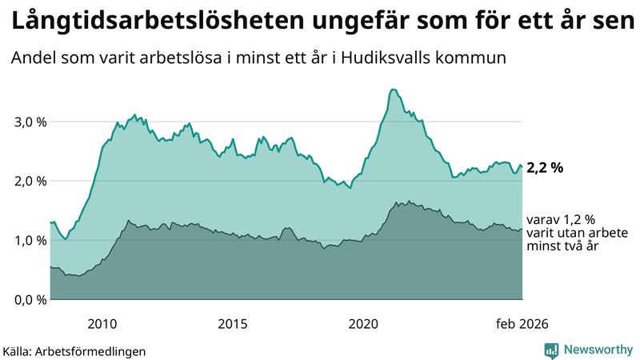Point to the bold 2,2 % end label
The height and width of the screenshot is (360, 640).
click(x=545, y=168)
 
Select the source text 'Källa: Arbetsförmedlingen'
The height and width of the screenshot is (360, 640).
click(x=74, y=350)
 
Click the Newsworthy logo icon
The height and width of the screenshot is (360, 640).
click(x=552, y=350)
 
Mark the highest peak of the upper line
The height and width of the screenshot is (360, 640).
click(x=391, y=90)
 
